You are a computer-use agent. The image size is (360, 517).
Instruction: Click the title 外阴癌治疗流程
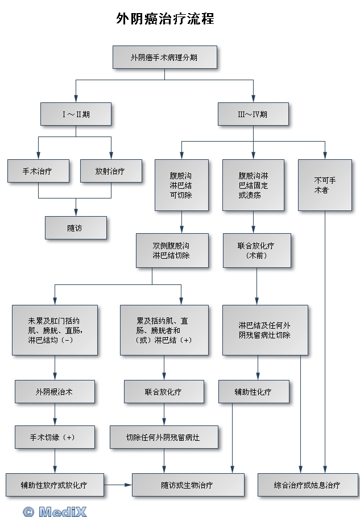click(x=165, y=19)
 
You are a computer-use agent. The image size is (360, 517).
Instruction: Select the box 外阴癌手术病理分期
click(x=165, y=57)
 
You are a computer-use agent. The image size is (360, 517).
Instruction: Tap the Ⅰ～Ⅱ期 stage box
click(x=76, y=114)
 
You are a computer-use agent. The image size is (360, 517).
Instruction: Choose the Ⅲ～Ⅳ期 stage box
click(x=253, y=114)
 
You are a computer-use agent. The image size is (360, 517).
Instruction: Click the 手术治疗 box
click(x=38, y=171)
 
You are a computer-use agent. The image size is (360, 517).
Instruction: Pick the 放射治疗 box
click(x=111, y=171)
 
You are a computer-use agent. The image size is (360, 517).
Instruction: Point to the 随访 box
click(x=76, y=228)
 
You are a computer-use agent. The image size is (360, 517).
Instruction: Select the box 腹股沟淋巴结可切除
click(x=181, y=185)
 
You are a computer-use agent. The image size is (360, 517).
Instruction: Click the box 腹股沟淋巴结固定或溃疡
click(x=254, y=185)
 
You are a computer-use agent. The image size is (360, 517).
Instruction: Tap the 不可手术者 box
click(x=325, y=185)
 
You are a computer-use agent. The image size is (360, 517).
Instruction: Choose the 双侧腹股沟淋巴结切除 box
click(x=171, y=250)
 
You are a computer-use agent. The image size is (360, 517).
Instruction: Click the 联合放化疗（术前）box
click(x=256, y=250)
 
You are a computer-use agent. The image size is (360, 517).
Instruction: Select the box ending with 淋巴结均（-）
click(x=55, y=330)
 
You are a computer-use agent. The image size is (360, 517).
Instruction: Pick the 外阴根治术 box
click(x=55, y=391)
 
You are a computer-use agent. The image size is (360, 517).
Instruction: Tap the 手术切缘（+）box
click(x=55, y=437)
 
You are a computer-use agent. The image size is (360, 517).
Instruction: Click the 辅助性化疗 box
click(x=254, y=391)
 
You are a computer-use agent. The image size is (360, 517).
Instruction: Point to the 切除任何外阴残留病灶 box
click(x=164, y=437)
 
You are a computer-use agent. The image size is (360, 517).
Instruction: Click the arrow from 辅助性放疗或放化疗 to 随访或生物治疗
click(x=118, y=485)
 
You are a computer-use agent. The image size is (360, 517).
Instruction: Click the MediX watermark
click(x=55, y=511)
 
